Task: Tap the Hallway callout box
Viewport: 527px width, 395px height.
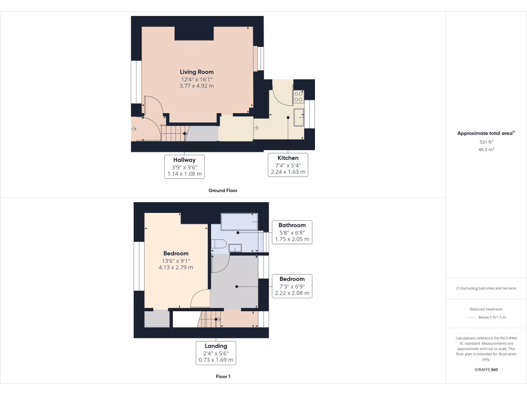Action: pos(184,167)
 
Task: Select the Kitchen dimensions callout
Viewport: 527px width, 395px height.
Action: pos(289,165)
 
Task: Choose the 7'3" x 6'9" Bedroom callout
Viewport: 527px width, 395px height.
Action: pos(292,286)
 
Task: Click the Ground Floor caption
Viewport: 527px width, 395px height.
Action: pos(222,190)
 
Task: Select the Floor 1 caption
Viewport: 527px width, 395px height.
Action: pos(223,376)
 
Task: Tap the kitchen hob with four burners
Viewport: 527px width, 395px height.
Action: pos(298,96)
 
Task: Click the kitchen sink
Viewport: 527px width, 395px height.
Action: pos(298,117)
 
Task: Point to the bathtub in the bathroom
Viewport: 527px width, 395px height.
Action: pos(239,222)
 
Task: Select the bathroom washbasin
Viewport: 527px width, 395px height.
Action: pos(235,248)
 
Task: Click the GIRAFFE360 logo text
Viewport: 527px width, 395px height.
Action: pos(486,369)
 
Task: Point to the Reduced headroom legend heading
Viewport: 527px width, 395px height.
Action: pos(486,309)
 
